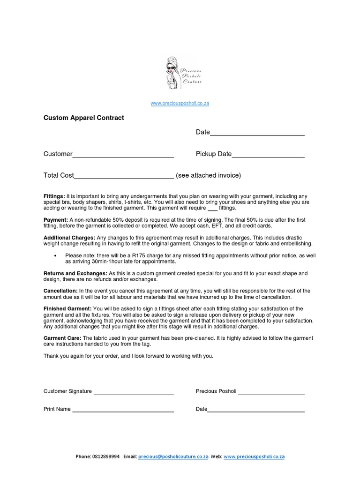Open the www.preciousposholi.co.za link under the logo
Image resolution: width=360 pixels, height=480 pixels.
(x=180, y=104)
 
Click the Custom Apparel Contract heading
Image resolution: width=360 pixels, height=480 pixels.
(x=83, y=118)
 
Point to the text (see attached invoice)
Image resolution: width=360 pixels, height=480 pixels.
(x=209, y=176)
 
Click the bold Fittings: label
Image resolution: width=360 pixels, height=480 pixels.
(x=54, y=196)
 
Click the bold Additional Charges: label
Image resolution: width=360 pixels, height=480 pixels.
(x=69, y=238)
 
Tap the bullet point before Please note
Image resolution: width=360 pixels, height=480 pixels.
(x=56, y=255)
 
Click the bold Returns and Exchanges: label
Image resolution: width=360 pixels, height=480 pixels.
(x=75, y=273)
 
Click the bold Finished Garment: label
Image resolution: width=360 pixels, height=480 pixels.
(x=67, y=309)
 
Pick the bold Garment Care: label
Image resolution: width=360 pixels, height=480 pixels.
(x=62, y=338)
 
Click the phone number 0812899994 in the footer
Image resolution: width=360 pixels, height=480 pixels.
(x=106, y=457)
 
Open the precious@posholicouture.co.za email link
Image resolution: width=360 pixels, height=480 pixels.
(x=173, y=457)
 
